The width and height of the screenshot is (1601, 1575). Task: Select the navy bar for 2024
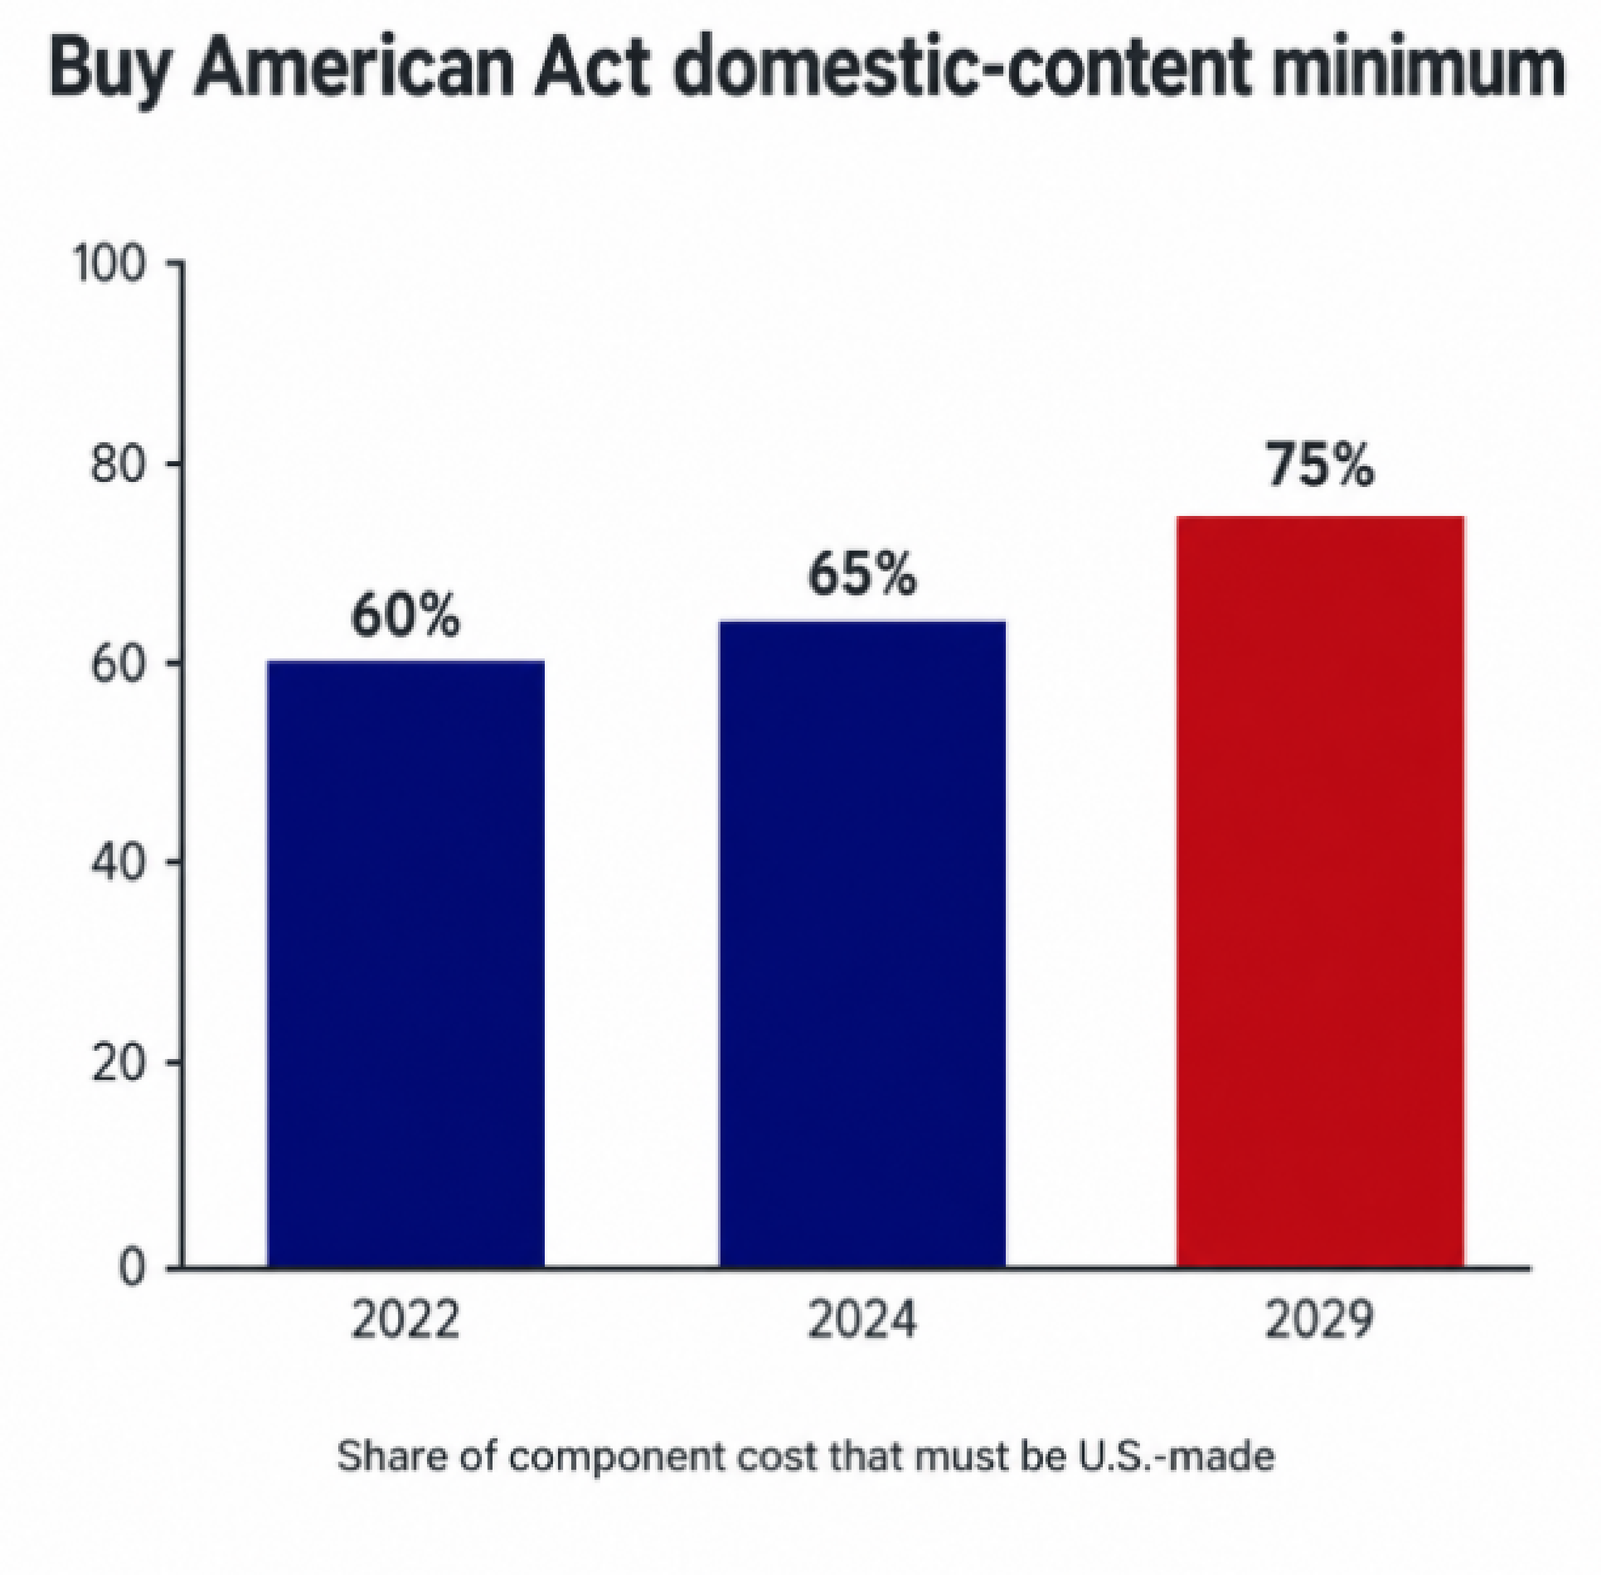[862, 942]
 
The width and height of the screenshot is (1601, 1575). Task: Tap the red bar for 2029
[1320, 891]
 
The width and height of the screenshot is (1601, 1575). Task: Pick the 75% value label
[1320, 466]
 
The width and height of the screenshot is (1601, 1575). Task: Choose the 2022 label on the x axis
[405, 1320]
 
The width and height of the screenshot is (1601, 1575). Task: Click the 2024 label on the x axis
[862, 1320]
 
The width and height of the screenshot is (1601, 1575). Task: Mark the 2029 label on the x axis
[1320, 1320]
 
